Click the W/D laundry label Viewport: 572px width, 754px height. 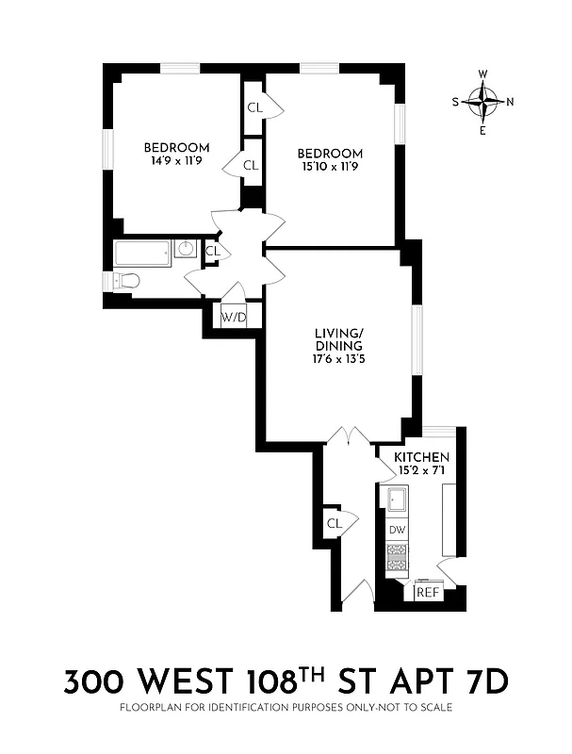click(234, 318)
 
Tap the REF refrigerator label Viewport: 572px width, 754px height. click(429, 592)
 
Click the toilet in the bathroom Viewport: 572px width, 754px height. click(126, 280)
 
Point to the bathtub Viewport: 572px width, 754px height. click(142, 253)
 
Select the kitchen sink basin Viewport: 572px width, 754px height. click(397, 499)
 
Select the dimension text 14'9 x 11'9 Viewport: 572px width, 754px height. click(176, 161)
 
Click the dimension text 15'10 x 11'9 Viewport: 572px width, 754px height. click(330, 167)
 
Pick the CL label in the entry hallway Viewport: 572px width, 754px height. click(334, 523)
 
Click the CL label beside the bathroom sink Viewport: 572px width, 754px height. click(212, 251)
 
